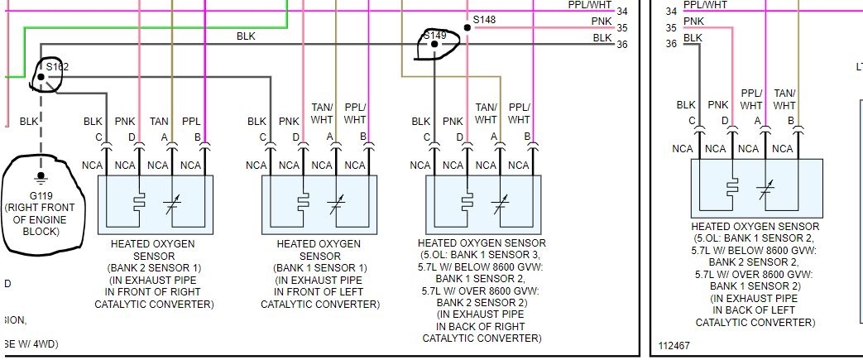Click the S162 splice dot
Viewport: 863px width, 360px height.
point(40,77)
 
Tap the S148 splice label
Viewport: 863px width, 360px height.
point(484,18)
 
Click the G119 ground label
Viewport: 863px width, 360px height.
point(41,196)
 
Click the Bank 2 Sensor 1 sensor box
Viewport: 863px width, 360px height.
point(156,204)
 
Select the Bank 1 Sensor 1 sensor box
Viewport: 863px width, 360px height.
point(319,204)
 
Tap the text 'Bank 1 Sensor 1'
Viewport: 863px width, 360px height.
point(319,268)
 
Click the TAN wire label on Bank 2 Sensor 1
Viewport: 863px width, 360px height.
point(159,121)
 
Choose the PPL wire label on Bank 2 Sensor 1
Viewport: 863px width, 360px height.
point(191,121)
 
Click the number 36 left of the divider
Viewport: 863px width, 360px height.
point(622,44)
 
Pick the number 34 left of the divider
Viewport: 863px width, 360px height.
point(622,12)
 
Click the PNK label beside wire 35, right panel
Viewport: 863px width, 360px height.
point(694,21)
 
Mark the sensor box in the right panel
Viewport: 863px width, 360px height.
point(756,187)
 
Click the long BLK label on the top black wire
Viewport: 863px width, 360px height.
point(246,36)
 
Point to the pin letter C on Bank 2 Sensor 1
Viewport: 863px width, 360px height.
point(99,137)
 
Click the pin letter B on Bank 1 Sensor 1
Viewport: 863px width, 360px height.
point(363,137)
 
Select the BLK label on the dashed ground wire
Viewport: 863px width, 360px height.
point(29,121)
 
